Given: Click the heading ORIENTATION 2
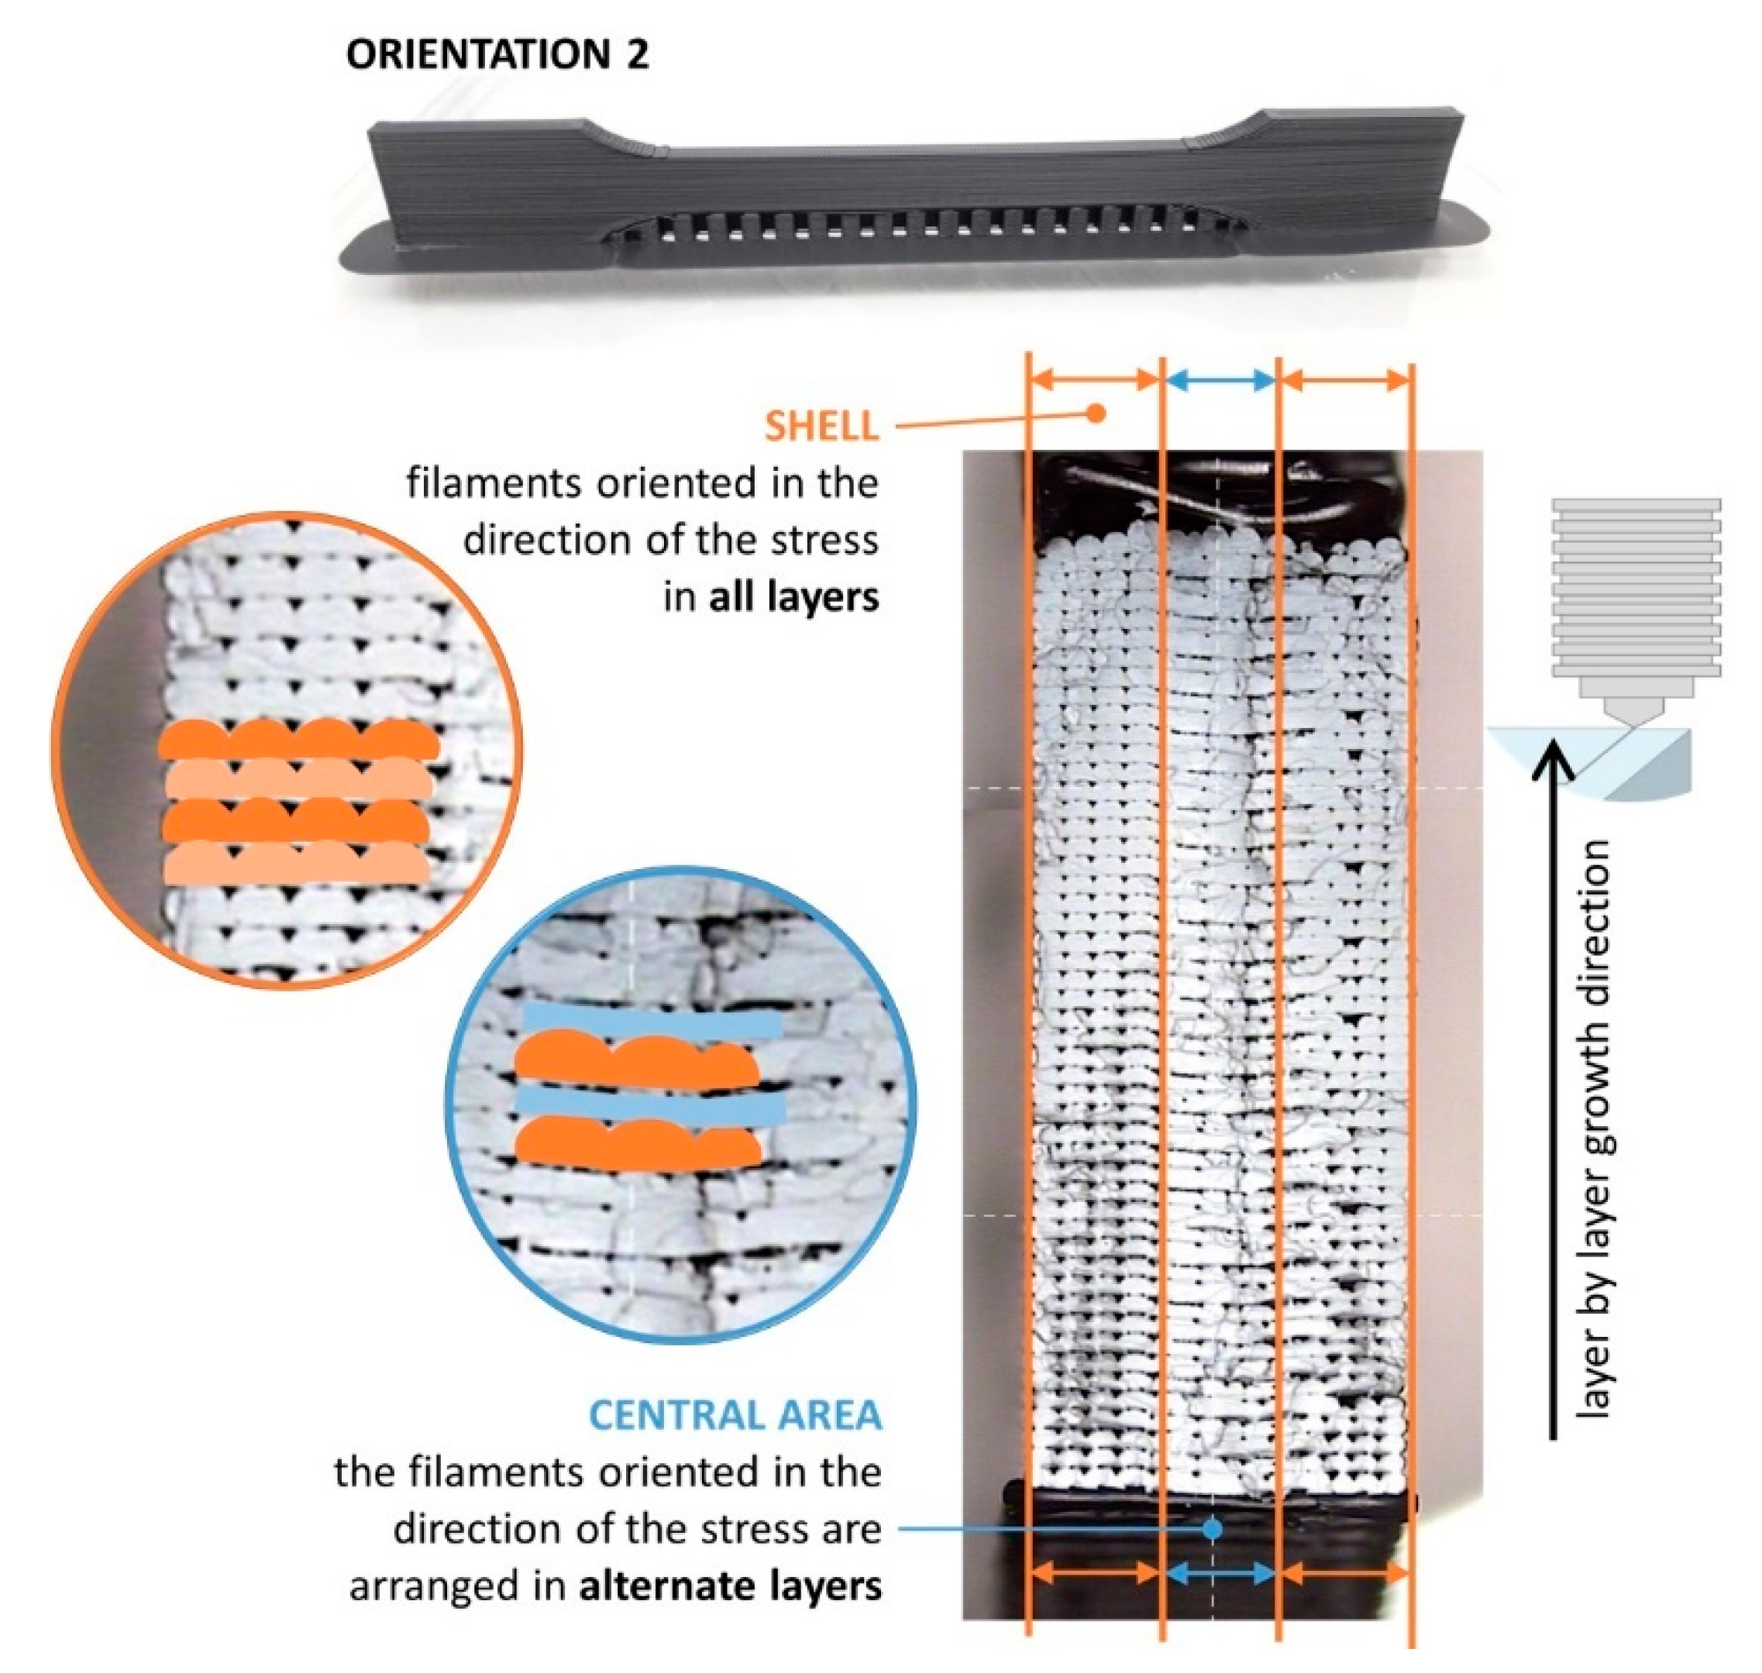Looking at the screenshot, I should pyautogui.click(x=497, y=55).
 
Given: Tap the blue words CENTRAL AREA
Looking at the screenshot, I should pyautogui.click(x=735, y=1415).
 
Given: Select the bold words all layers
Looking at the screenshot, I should pyautogui.click(x=793, y=597).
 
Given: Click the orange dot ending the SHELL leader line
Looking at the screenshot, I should pyautogui.click(x=1097, y=413).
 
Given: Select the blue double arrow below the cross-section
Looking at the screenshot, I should pyautogui.click(x=1220, y=1574).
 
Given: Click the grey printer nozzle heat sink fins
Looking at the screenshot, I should pyautogui.click(x=1636, y=589).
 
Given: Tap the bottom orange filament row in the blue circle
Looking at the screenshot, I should pyautogui.click(x=638, y=1144).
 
